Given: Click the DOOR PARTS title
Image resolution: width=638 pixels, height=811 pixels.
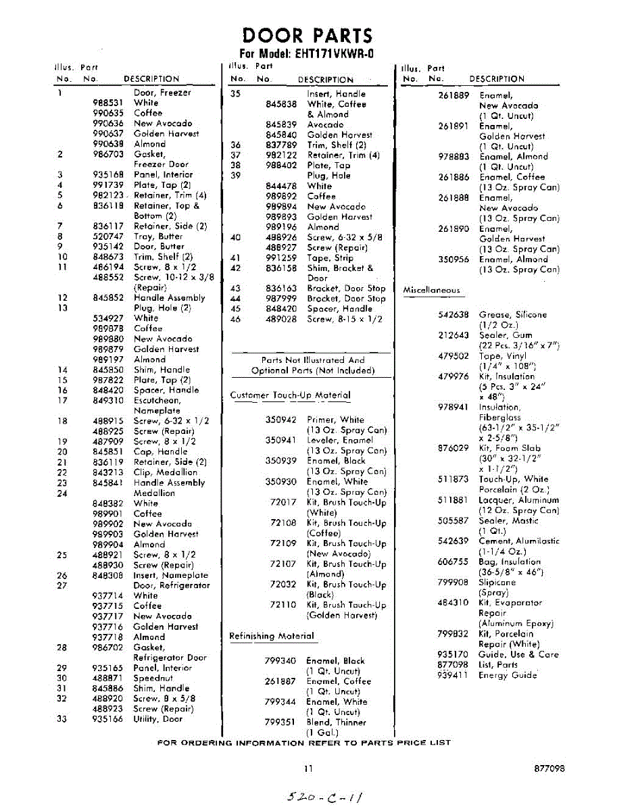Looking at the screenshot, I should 307,36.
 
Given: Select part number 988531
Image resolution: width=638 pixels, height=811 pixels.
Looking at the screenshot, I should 107,103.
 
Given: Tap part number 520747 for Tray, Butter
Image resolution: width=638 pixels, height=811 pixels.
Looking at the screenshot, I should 107,237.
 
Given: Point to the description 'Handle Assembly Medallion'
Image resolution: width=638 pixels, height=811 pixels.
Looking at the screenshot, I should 169,488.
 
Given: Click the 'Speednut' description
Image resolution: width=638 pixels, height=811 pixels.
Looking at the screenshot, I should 153,678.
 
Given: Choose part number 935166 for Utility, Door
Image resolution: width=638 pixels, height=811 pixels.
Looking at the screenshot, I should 107,719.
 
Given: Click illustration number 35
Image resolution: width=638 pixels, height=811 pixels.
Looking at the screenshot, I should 236,94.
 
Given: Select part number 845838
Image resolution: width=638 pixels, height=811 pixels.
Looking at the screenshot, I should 281,104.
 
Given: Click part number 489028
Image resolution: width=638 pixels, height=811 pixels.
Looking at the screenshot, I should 281,319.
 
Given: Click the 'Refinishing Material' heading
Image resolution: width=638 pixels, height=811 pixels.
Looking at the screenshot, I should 272,636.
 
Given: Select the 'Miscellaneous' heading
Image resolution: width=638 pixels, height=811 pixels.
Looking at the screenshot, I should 431,291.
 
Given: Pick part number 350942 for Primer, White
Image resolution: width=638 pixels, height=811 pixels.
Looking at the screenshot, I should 281,420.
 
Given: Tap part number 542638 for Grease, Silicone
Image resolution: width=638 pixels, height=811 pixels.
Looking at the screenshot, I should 453,315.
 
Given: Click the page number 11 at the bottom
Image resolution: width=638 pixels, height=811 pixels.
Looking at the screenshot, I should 308,768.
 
